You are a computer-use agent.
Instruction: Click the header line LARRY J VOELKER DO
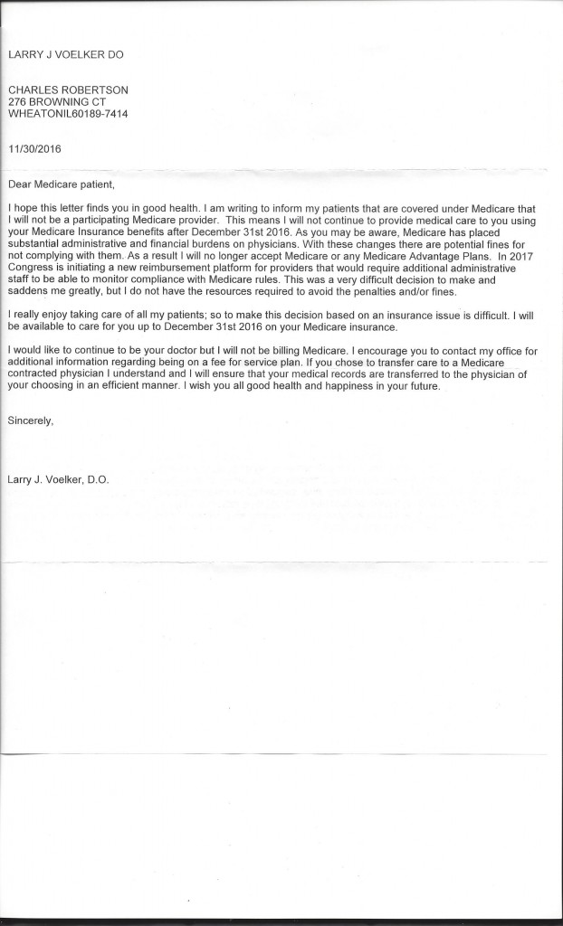click(65, 54)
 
